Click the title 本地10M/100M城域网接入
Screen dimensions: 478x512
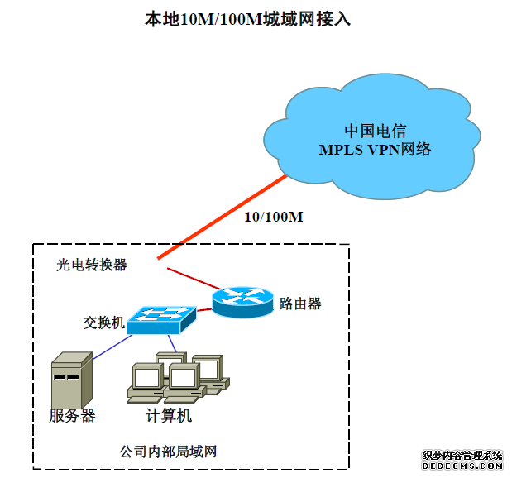[x=248, y=18]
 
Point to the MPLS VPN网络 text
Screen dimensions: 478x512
[x=375, y=150]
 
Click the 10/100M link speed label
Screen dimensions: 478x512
[x=274, y=217]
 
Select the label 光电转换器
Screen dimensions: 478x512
[x=92, y=265]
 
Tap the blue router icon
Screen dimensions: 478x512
[x=242, y=301]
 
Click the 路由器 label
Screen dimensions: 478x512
[x=300, y=304]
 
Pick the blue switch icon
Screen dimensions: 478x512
[x=162, y=319]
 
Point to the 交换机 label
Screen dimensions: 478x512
[x=104, y=322]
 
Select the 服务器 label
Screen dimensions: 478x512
[x=72, y=416]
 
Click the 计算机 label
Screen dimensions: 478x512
[x=169, y=416]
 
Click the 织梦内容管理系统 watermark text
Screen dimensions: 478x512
[x=462, y=456]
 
